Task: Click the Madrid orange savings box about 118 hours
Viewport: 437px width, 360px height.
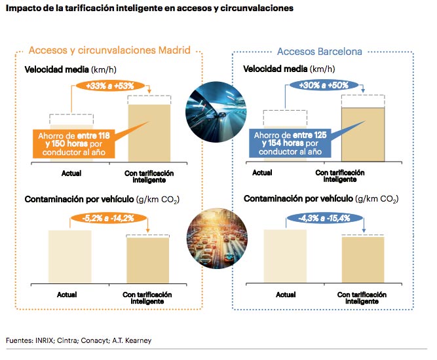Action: (73, 143)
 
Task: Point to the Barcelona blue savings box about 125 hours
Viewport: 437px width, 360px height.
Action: (289, 143)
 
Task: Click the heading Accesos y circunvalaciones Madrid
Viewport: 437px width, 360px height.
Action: (109, 50)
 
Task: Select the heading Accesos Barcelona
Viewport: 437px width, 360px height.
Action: (320, 51)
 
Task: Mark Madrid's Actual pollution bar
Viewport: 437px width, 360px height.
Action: (70, 257)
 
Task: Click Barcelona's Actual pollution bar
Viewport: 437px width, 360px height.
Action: (285, 257)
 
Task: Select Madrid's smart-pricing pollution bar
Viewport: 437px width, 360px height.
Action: (148, 261)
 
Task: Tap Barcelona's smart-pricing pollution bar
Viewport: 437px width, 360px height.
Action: (362, 260)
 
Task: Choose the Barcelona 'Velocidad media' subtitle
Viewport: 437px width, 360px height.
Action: (285, 68)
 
